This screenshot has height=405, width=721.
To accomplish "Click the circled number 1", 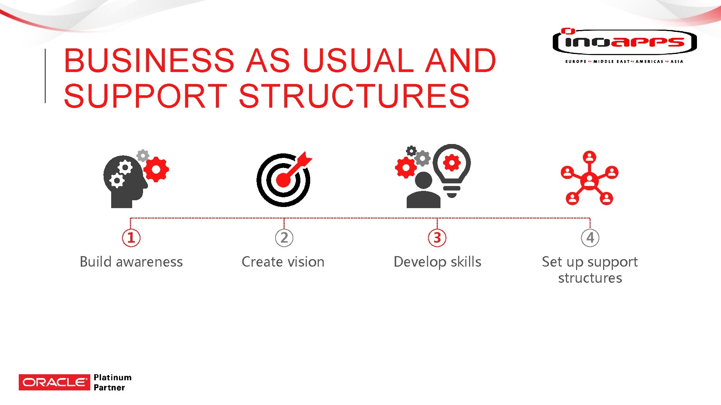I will (131, 238).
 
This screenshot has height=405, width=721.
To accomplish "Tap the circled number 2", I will (284, 238).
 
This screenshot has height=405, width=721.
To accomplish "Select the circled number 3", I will (437, 238).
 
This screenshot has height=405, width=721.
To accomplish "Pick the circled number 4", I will (590, 238).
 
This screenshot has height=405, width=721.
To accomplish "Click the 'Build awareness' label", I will (131, 262).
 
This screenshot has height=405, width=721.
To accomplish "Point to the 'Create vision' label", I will (283, 262).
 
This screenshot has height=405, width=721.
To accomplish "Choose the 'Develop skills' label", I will (437, 262).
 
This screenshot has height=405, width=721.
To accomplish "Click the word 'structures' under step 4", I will (590, 278).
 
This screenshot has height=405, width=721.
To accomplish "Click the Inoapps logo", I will (624, 42).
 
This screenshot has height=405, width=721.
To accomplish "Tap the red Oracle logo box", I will (54, 382).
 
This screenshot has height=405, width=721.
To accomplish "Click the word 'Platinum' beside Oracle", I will (113, 377).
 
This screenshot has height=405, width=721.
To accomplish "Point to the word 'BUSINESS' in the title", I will (149, 61).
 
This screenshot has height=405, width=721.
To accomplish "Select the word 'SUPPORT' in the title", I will (146, 96).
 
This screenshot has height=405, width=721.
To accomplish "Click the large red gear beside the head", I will (156, 169).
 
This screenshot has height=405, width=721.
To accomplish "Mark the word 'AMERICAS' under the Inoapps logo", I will (649, 61).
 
